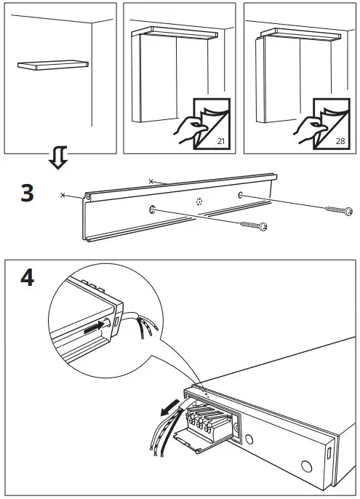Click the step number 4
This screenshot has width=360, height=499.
pyautogui.click(x=26, y=279)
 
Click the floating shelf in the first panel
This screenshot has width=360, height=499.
pyautogui.click(x=52, y=65)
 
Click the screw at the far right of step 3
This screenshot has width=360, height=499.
pyautogui.click(x=339, y=210)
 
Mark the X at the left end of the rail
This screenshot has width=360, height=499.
pyautogui.click(x=63, y=196)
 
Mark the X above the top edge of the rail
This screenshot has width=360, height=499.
pyautogui.click(x=151, y=180)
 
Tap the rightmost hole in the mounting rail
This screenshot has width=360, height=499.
pyautogui.click(x=239, y=195)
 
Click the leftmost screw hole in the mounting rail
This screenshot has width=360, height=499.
pyautogui.click(x=153, y=210)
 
